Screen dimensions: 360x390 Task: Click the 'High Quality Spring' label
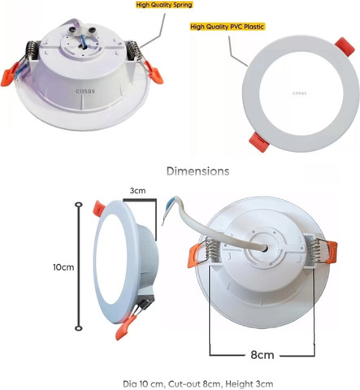tap(164, 5)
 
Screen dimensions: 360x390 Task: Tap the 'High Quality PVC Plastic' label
tap(227, 27)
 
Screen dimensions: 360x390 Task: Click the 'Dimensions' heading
tap(198, 171)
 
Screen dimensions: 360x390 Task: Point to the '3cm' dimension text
tap(137, 191)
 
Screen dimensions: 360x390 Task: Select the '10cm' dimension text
tap(63, 267)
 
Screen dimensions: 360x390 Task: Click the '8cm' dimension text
tap(262, 354)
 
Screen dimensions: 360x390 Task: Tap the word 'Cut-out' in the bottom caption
tap(181, 383)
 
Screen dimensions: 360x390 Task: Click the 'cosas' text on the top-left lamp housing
tap(85, 91)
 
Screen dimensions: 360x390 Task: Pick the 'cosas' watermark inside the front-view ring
tap(299, 93)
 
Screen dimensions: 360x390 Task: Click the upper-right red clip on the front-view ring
tap(345, 46)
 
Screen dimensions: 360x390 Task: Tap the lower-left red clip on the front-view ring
tap(259, 142)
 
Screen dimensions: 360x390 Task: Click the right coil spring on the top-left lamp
tap(134, 50)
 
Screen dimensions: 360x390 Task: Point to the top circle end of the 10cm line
tap(79, 205)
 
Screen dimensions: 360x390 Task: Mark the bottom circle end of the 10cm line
tap(79, 328)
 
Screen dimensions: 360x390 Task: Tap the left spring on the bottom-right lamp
tap(210, 248)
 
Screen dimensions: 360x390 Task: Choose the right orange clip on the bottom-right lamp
tap(332, 253)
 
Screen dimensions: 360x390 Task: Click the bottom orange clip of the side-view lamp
tap(125, 327)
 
